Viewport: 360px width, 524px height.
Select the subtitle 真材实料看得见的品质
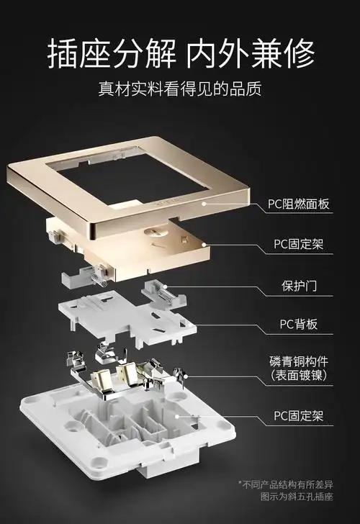[x=180, y=90]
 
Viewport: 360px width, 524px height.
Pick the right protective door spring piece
[x=163, y=292]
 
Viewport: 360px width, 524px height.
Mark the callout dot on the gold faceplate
[x=204, y=204]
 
